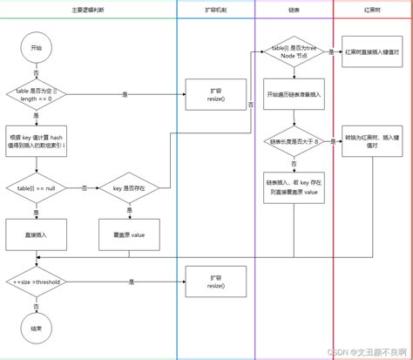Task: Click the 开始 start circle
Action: (x=36, y=46)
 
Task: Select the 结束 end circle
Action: (x=36, y=329)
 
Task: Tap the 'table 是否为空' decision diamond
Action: (x=36, y=93)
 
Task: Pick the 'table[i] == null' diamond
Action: (x=36, y=188)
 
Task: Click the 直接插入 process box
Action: (x=36, y=234)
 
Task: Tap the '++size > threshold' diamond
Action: (x=36, y=282)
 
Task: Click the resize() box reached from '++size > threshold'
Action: (x=213, y=282)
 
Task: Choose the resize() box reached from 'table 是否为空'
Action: (x=213, y=93)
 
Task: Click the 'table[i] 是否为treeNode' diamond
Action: (x=293, y=52)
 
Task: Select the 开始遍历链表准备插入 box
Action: (x=293, y=93)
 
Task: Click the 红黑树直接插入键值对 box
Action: (x=367, y=52)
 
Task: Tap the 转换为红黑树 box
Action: (x=367, y=142)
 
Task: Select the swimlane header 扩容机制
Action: (x=214, y=8)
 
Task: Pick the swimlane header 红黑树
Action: (x=372, y=8)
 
